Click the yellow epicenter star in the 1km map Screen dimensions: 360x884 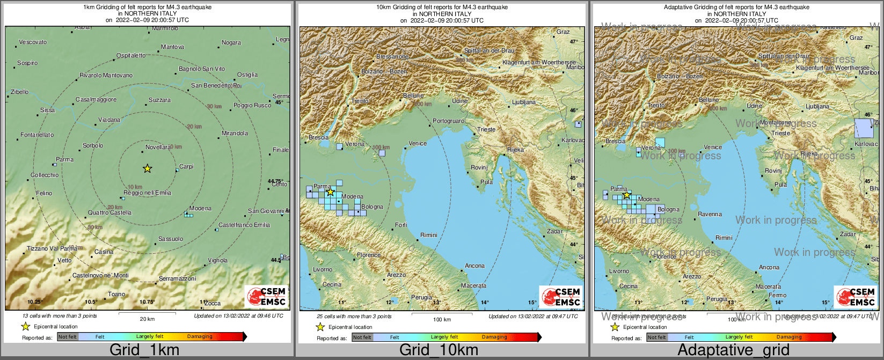pos(148,168)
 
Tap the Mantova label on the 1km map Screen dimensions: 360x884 pos(172,47)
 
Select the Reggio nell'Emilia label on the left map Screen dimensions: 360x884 pos(148,193)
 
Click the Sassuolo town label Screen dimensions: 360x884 pos(171,239)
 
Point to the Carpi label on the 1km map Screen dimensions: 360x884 pos(186,167)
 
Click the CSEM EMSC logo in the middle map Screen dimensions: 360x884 pos(561,297)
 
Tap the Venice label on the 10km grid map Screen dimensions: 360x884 pos(418,143)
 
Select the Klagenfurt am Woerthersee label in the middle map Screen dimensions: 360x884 pos(539,63)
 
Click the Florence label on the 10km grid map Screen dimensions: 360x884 pos(369,255)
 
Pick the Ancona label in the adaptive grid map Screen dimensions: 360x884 pos(769,267)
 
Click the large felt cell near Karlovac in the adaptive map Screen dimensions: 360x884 pos(864,129)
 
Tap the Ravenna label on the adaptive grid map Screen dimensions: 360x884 pos(710,214)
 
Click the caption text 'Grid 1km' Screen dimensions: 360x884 pos(144,350)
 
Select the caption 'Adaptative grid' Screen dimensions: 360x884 pos(733,350)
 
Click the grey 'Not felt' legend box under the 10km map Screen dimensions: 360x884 pos(362,337)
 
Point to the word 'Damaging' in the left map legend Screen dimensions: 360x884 pos(200,337)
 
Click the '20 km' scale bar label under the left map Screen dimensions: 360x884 pos(147,319)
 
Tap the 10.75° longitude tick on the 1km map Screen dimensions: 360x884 pos(147,302)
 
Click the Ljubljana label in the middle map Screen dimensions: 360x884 pos(524,102)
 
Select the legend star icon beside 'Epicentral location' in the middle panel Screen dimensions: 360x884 pos(320,327)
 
